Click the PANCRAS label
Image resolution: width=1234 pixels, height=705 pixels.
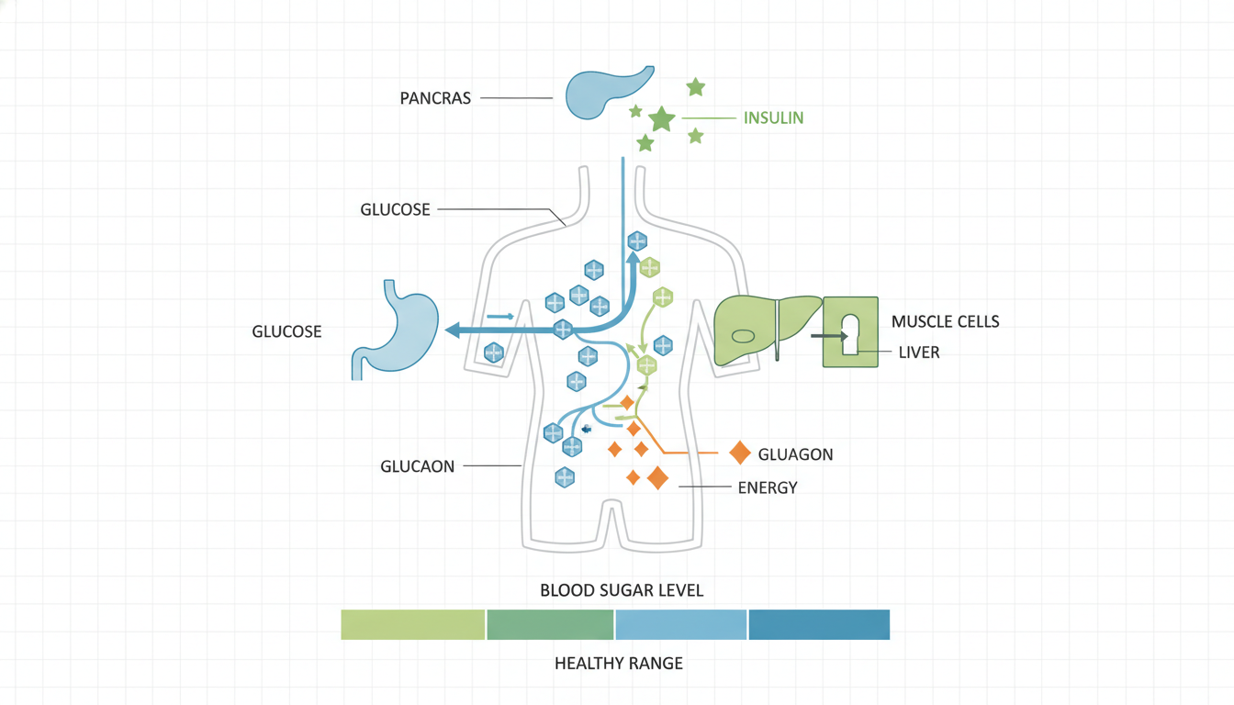(x=435, y=98)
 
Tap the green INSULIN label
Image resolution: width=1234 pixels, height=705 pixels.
(x=773, y=117)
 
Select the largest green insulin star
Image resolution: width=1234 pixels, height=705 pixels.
(x=662, y=119)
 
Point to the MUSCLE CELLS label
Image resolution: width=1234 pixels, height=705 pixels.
(x=946, y=321)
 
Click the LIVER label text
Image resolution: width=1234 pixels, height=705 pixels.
(x=919, y=352)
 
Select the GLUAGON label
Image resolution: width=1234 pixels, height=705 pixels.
(x=795, y=454)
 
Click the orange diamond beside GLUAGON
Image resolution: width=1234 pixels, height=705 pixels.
(x=740, y=453)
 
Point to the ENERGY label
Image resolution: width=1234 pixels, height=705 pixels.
(x=768, y=487)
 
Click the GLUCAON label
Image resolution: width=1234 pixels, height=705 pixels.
(x=417, y=466)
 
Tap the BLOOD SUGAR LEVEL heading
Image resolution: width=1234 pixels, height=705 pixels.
(x=622, y=590)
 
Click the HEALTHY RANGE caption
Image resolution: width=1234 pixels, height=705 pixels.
(x=619, y=663)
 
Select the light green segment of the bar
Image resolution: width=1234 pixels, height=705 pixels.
(x=412, y=624)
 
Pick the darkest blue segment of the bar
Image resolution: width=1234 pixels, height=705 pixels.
(x=819, y=624)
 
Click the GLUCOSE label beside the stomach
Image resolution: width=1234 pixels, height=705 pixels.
(x=286, y=331)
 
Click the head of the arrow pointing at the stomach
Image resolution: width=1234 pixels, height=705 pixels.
(x=452, y=330)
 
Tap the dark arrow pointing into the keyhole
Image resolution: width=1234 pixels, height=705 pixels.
(x=829, y=336)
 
